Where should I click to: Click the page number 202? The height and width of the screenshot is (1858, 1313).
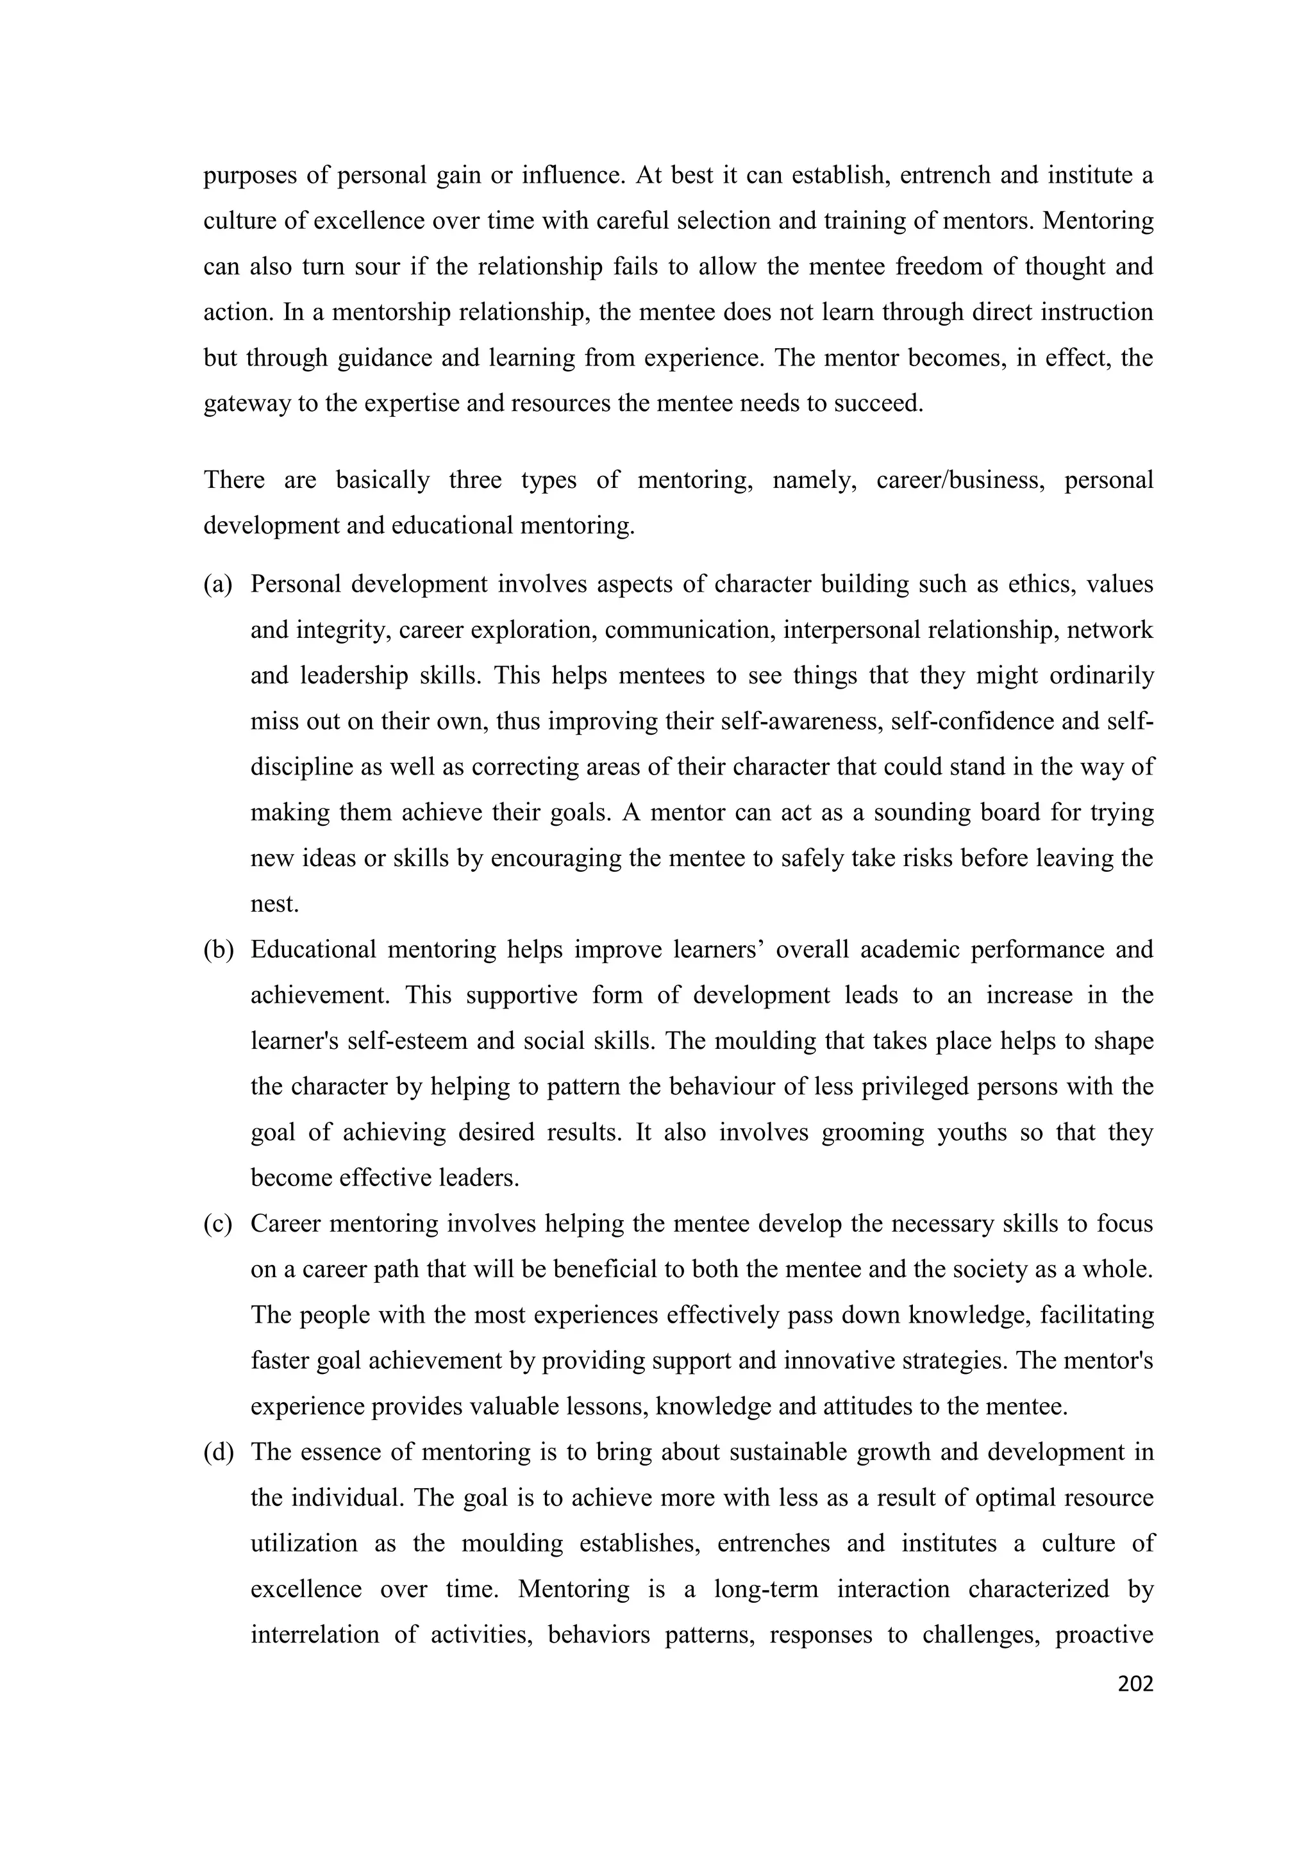coord(1134,1684)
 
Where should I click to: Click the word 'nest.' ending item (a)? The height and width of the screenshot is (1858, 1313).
coord(274,904)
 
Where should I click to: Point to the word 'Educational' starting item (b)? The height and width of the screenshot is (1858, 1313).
coord(313,950)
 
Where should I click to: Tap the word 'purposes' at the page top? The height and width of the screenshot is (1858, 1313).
coord(249,176)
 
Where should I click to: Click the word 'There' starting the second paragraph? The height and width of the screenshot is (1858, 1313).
coord(234,480)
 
